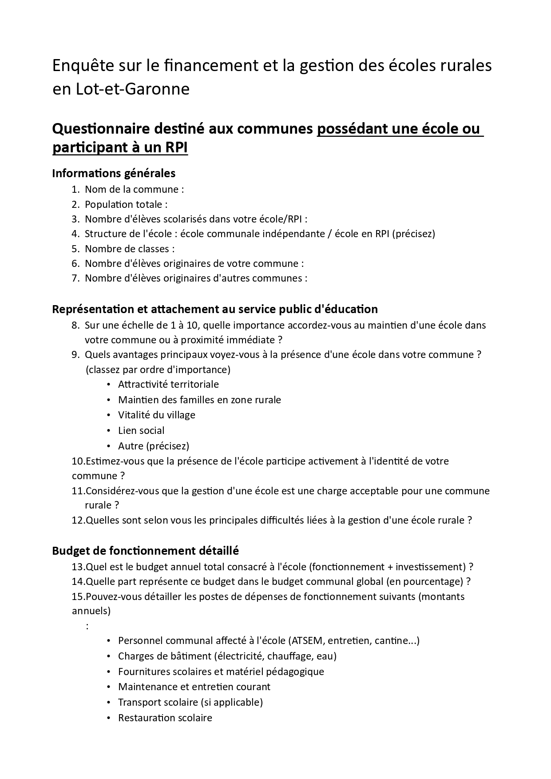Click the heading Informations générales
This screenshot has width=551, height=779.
click(114, 173)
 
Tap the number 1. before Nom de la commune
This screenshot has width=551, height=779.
click(75, 190)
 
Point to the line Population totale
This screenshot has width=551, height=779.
click(126, 205)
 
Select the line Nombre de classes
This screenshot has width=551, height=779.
click(130, 249)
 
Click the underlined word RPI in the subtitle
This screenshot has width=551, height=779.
click(176, 148)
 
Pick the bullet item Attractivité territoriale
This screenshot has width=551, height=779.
click(168, 384)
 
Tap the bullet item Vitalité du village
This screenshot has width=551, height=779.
click(156, 415)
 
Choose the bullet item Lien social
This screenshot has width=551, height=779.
click(141, 431)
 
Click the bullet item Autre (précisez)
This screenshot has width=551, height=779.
click(154, 446)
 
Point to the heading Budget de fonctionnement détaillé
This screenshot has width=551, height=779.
click(145, 551)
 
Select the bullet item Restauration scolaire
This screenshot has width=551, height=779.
click(165, 718)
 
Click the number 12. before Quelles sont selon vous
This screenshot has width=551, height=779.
click(78, 521)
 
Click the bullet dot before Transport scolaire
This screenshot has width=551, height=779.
click(109, 703)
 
